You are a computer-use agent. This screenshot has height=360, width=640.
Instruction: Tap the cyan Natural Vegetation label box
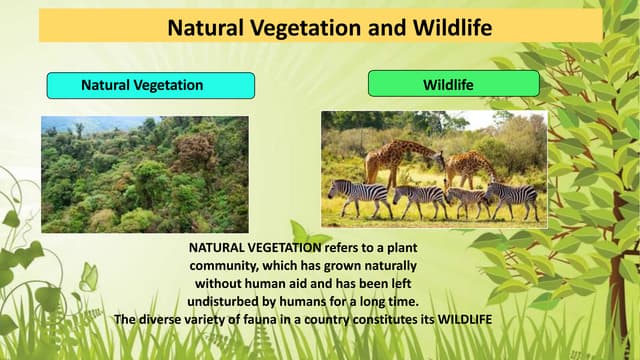(150, 85)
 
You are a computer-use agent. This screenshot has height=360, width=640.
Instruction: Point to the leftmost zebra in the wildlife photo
(358, 194)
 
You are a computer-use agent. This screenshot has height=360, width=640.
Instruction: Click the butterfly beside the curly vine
(88, 278)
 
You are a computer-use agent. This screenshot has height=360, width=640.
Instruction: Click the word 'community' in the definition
(229, 266)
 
